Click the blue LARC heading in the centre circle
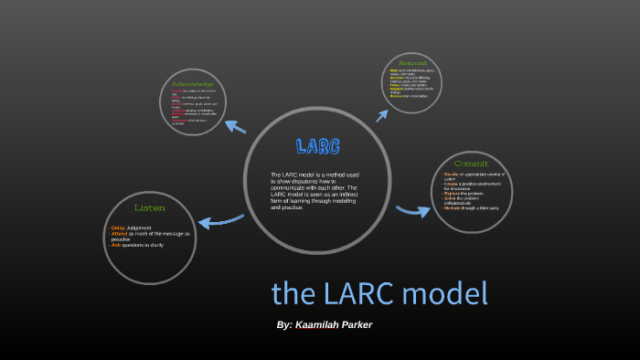[318, 146]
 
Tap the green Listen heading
[149, 208]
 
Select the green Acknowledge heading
[192, 84]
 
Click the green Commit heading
[470, 164]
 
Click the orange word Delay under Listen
[117, 228]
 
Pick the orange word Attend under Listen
[119, 234]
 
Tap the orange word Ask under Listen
[115, 246]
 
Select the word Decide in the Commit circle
[452, 174]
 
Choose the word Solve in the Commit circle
[450, 198]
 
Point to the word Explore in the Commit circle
[453, 194]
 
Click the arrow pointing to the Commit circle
[413, 212]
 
